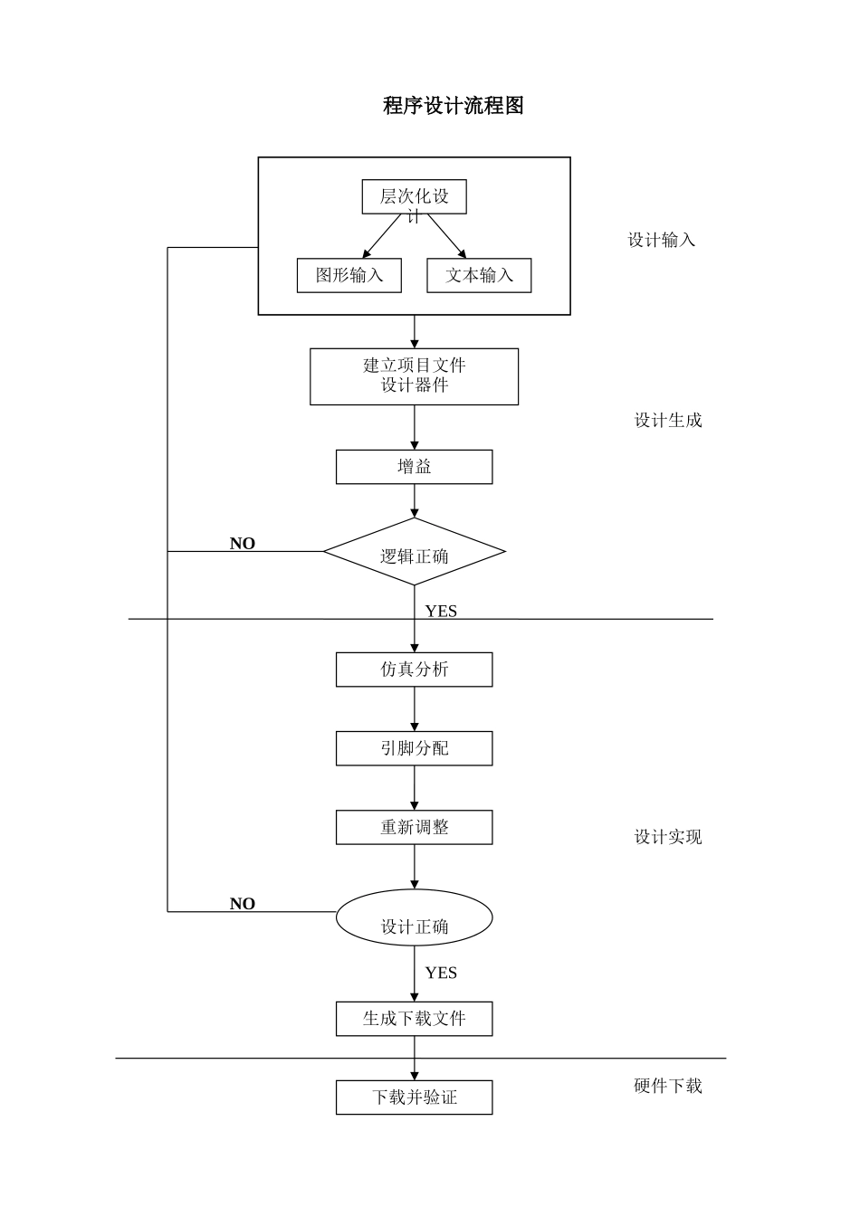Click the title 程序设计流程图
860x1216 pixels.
[453, 106]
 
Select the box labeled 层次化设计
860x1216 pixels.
[414, 197]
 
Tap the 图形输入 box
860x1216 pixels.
[349, 275]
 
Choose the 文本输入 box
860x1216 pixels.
[479, 275]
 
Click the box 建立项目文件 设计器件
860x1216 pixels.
[414, 376]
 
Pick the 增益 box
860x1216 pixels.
[414, 467]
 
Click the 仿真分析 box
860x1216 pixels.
[414, 670]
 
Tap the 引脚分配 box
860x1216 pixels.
[414, 748]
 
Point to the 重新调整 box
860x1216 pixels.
[414, 827]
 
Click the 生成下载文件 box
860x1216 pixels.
[414, 1019]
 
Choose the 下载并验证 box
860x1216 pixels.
[414, 1097]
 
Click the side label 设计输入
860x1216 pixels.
[662, 240]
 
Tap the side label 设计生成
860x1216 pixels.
[668, 420]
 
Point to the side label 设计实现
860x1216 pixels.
[668, 837]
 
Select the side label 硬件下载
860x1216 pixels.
[668, 1086]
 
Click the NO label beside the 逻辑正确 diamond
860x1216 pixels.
[243, 544]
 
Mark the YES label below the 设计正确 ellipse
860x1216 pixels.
[441, 973]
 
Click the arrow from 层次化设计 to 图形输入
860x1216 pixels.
[381, 236]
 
